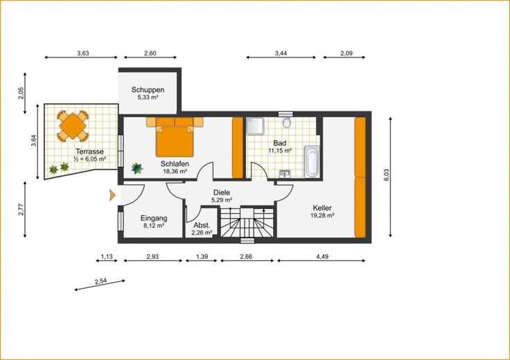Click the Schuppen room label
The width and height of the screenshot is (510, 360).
[x=148, y=90]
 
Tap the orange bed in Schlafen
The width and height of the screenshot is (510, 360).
[x=175, y=141]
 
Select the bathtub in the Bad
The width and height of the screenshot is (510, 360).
[x=312, y=161]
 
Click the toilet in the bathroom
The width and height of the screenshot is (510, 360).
[x=287, y=123]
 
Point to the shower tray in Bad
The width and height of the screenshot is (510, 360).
[x=255, y=126]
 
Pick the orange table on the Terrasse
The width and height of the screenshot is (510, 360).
[x=73, y=126]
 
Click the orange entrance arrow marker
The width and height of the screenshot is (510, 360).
[x=112, y=195]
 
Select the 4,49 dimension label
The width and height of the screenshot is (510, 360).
[x=322, y=256]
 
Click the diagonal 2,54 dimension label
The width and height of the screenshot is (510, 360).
[x=101, y=281]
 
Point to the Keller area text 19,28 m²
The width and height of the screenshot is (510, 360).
[x=322, y=215]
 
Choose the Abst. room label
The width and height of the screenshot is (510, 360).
[x=202, y=225]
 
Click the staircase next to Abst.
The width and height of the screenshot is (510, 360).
[x=247, y=222]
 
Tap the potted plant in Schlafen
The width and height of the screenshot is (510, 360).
[x=137, y=168]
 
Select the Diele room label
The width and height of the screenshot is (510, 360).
[x=222, y=192]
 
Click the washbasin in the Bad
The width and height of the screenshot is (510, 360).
[x=285, y=174]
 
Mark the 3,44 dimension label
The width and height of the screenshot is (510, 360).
[x=281, y=53]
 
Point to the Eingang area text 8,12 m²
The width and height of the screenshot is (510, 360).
[x=154, y=226]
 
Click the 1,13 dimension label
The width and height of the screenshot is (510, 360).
[x=107, y=256]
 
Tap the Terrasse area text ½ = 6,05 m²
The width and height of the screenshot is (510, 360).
[x=90, y=159]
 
